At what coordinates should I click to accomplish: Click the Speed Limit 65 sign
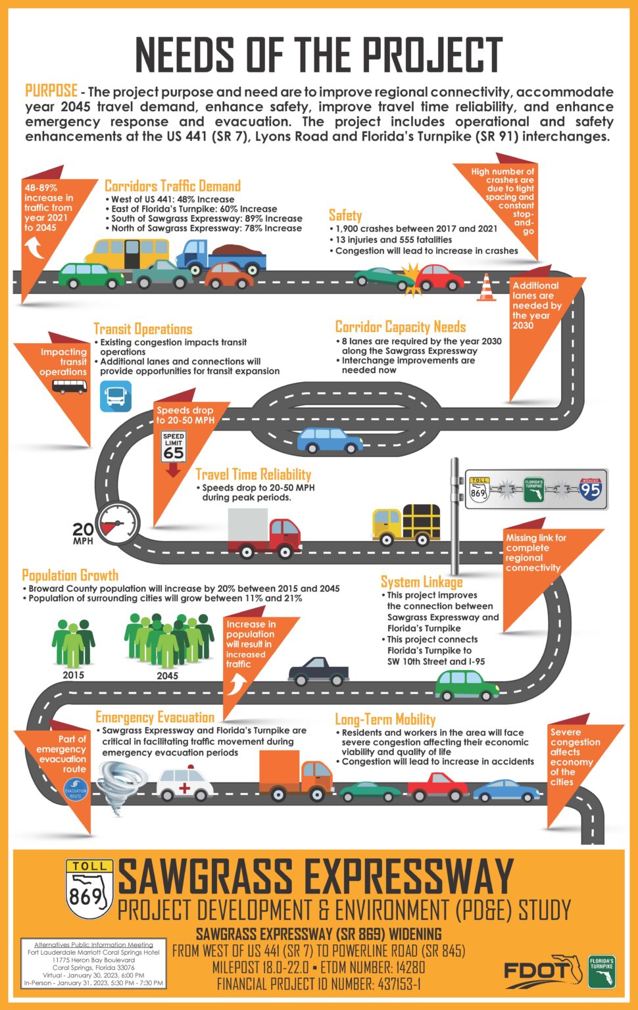(x=174, y=446)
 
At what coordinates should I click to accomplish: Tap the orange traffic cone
(x=486, y=287)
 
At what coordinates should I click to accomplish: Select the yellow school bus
(x=127, y=254)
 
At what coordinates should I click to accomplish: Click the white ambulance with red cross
(x=185, y=784)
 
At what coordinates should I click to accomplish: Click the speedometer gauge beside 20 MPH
(x=118, y=523)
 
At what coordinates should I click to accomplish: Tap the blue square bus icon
(x=116, y=397)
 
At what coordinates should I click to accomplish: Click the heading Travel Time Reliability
(x=253, y=474)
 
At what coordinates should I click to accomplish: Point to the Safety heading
(x=345, y=215)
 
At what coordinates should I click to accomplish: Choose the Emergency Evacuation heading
(x=155, y=717)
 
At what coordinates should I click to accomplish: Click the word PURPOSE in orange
(x=51, y=91)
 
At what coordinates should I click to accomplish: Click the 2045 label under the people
(x=167, y=676)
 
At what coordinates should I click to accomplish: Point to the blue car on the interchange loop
(x=330, y=440)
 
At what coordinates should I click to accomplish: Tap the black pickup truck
(x=318, y=671)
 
